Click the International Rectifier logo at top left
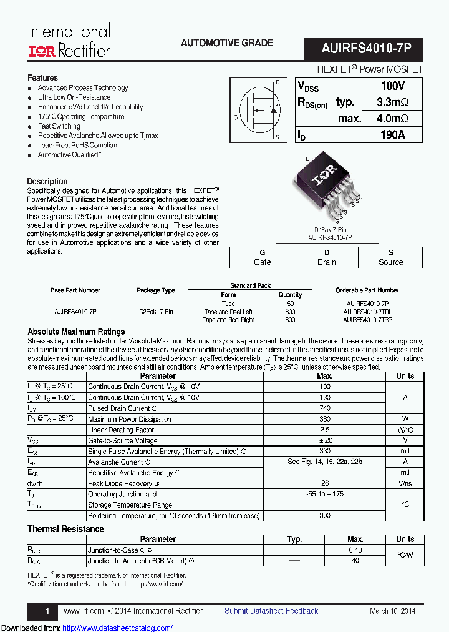pyautogui.click(x=69, y=41)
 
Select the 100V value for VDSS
pyautogui.click(x=392, y=86)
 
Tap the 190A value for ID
pyautogui.click(x=392, y=134)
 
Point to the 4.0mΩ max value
pyautogui.click(x=392, y=119)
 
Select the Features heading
pyautogui.click(x=42, y=77)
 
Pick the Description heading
pyautogui.click(x=47, y=181)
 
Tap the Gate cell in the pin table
pyautogui.click(x=262, y=262)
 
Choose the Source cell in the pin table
pyautogui.click(x=390, y=262)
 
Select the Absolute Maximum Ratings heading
pyautogui.click(x=76, y=332)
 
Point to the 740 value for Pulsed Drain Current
pyautogui.click(x=324, y=408)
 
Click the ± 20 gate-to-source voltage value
pyautogui.click(x=324, y=440)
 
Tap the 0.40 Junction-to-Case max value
pyautogui.click(x=355, y=550)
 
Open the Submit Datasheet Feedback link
pyautogui.click(x=271, y=611)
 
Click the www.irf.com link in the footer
pyautogui.click(x=84, y=611)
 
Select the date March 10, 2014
pyautogui.click(x=392, y=611)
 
